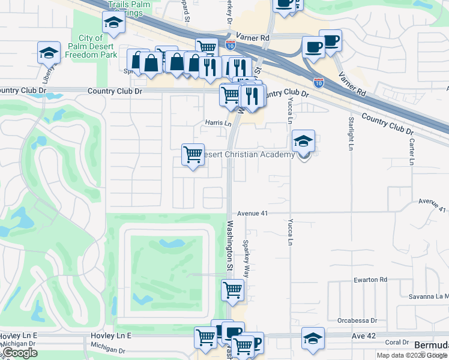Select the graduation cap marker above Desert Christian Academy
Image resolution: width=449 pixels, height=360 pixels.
pos(304,142)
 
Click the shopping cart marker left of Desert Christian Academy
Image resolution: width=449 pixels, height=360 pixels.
pos(193,155)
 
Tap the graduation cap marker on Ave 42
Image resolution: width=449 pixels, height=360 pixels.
pos(313,338)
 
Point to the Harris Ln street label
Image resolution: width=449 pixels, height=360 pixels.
pos(218,123)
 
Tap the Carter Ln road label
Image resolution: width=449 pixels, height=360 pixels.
pos(412,152)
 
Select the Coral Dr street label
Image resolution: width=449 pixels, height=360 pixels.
pos(397,343)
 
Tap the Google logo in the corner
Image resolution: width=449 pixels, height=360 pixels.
pos(20,353)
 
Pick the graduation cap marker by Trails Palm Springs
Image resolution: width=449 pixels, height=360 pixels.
pos(112,23)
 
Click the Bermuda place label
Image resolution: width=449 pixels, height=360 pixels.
pos(432,346)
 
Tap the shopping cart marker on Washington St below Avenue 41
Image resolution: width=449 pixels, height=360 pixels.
pos(233,290)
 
